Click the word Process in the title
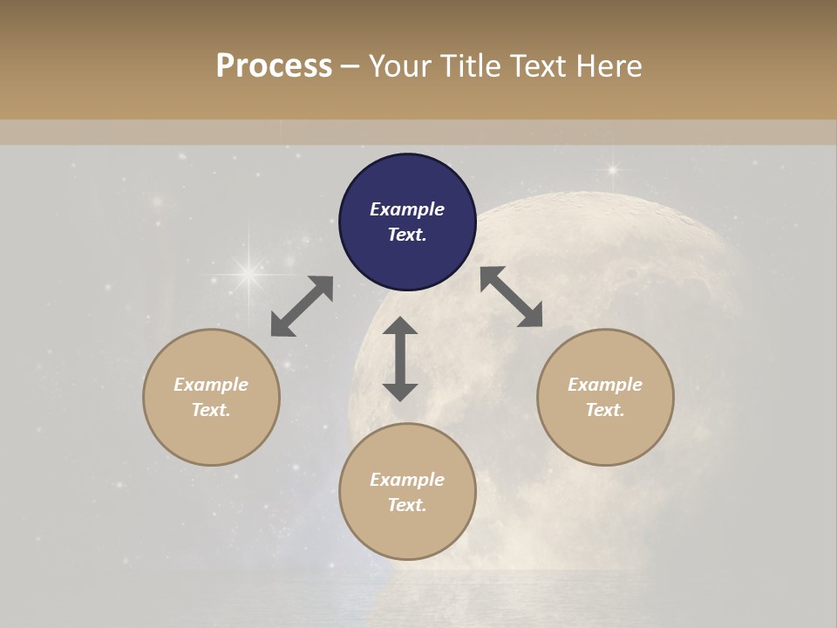[274, 66]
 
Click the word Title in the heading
[471, 66]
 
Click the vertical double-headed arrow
[400, 358]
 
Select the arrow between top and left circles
[302, 306]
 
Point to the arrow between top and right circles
[511, 297]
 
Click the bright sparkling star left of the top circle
[248, 275]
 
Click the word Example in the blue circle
[407, 209]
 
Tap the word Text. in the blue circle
[407, 235]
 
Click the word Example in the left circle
[211, 385]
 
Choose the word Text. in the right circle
[605, 410]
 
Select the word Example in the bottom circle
[407, 480]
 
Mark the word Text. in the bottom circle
[407, 505]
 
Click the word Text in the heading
[535, 66]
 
